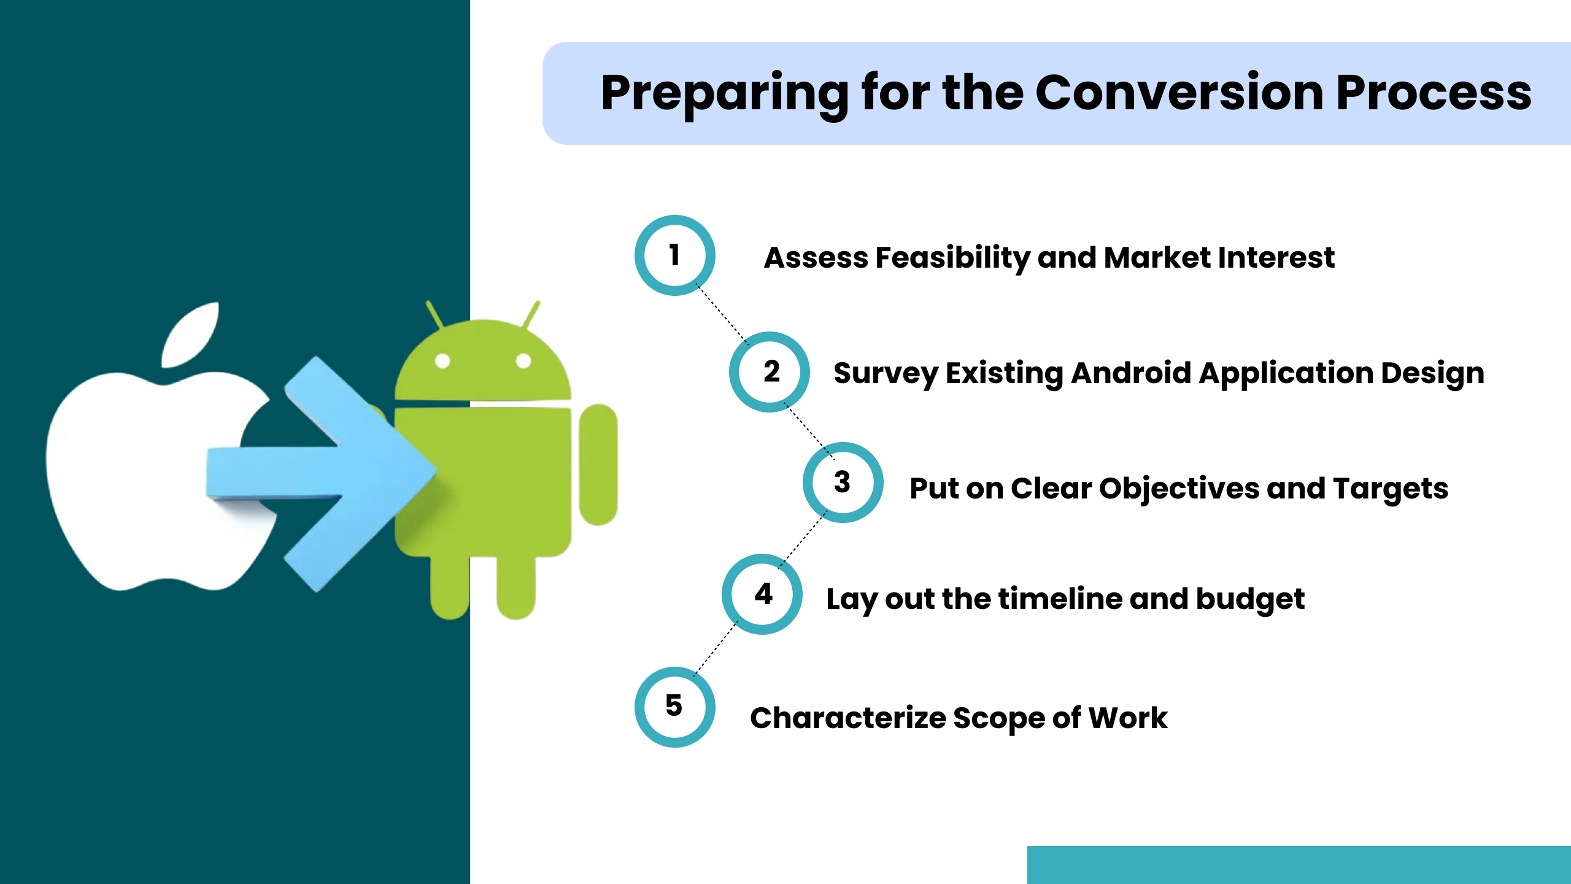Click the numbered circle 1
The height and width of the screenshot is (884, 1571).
point(674,255)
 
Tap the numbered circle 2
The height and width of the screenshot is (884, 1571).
point(770,372)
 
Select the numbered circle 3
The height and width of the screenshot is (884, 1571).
point(843,483)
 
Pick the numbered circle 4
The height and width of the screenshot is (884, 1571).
point(762,594)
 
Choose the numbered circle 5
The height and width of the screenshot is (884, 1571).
point(674,707)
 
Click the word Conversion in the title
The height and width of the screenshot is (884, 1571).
point(1179,93)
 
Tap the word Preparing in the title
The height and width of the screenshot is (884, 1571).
point(724,93)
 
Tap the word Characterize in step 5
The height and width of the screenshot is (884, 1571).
point(847,718)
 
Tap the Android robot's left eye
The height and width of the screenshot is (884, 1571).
point(442,361)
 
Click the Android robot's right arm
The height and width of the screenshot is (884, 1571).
point(598,465)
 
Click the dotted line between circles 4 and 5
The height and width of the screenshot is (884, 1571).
point(715,651)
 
